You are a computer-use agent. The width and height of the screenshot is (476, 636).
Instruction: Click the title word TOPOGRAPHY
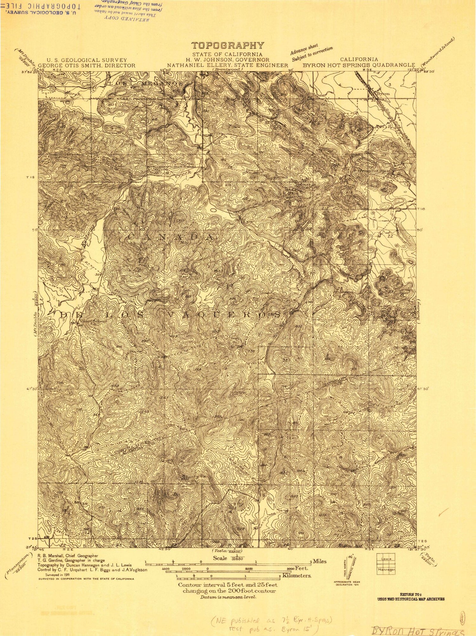pyautogui.click(x=228, y=46)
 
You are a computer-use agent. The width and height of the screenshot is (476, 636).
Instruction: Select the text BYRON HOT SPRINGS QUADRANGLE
pyautogui.click(x=359, y=65)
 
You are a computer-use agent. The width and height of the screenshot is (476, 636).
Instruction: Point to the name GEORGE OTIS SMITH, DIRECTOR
pyautogui.click(x=87, y=65)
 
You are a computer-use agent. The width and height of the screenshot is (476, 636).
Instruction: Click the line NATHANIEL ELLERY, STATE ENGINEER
pyautogui.click(x=228, y=65)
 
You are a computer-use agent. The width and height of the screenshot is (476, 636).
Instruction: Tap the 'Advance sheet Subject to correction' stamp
pyautogui.click(x=311, y=52)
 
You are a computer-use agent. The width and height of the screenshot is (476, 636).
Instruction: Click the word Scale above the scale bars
pyautogui.click(x=220, y=558)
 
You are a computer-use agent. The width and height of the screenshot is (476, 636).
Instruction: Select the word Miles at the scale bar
pyautogui.click(x=320, y=561)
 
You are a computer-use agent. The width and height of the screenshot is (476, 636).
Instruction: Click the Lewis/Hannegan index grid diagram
pyautogui.click(x=386, y=563)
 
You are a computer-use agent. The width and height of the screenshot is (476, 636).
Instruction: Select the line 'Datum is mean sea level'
pyautogui.click(x=228, y=597)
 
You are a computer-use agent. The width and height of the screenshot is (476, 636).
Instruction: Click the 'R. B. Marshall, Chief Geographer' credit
pyautogui.click(x=68, y=556)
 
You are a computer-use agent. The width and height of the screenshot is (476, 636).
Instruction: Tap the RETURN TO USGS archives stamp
pyautogui.click(x=411, y=597)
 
